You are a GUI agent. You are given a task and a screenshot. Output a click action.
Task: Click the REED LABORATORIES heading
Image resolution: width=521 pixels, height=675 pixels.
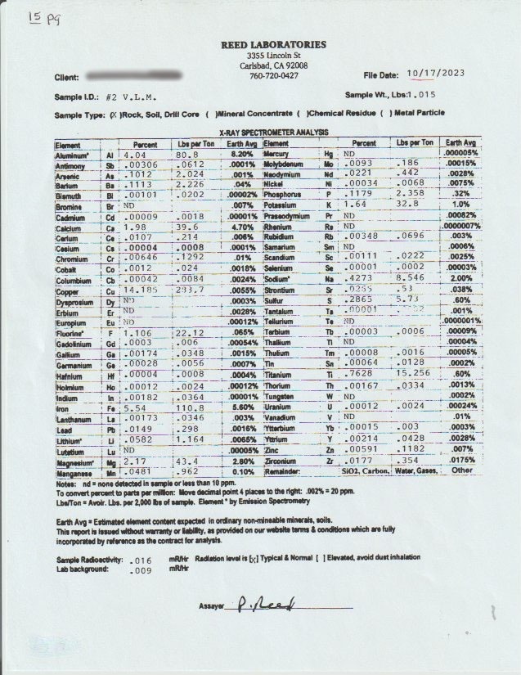[x=273, y=44]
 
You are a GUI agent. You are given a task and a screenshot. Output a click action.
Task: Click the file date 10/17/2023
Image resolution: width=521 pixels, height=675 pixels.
[x=434, y=73]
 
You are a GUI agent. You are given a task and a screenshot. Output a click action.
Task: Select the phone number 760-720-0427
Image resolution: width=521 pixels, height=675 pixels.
[x=273, y=75]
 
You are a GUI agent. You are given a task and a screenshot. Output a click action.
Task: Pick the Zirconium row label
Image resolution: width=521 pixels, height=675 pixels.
[x=282, y=461]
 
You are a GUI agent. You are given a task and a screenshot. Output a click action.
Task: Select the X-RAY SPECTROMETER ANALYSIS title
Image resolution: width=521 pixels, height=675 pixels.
[x=273, y=132]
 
